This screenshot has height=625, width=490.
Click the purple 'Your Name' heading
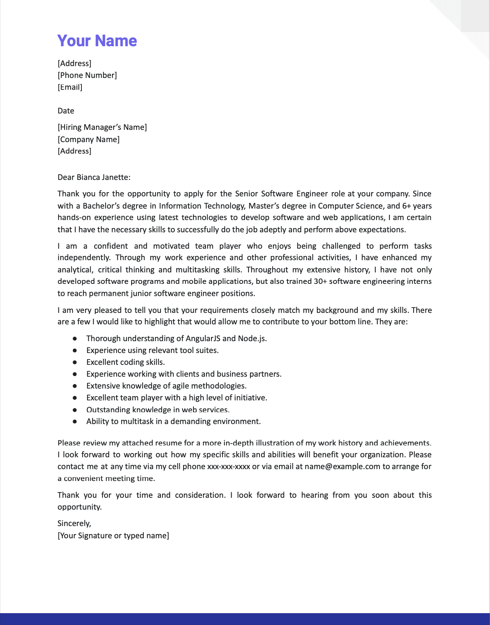coord(97,41)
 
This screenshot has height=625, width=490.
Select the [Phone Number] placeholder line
coord(87,75)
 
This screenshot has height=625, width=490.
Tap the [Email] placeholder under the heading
coord(70,87)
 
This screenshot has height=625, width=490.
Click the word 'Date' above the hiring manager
coord(66,111)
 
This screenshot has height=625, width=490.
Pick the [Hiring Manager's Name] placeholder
coord(102,127)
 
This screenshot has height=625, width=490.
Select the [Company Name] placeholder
coord(88,139)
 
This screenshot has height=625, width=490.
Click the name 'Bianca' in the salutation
coord(88,177)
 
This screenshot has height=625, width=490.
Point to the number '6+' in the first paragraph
coord(406,206)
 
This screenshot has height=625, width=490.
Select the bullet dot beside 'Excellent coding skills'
coord(75,362)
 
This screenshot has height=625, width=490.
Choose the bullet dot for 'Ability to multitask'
coord(75,421)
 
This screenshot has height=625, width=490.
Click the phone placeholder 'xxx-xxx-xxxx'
coord(229,466)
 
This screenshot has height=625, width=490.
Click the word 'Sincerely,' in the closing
coord(74,523)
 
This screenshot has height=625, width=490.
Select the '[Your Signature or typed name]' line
coord(113,536)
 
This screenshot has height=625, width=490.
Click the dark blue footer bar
coord(245,619)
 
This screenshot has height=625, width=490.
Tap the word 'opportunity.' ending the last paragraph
coord(80,507)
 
